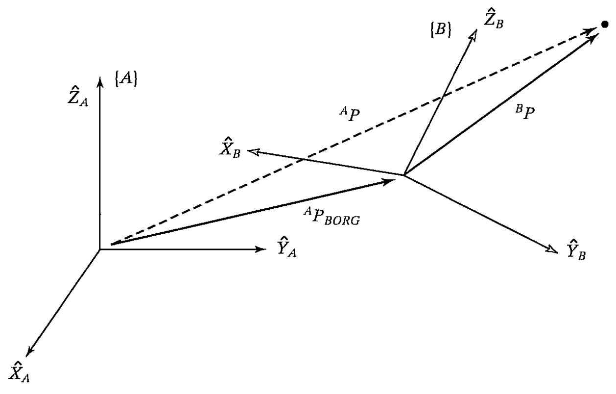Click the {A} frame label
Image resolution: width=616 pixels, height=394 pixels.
tap(126, 80)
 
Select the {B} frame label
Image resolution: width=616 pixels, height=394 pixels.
tap(440, 29)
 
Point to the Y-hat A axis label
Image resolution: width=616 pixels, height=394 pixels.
tap(286, 246)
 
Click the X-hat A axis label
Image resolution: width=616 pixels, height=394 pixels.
tap(19, 371)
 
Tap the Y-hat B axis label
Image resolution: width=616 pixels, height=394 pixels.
tap(576, 250)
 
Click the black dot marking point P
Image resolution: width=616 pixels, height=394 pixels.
tap(605, 25)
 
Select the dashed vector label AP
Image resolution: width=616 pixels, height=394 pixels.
tap(350, 114)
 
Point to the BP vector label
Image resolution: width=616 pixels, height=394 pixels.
tap(525, 113)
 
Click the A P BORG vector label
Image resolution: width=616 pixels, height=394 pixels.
tap(332, 217)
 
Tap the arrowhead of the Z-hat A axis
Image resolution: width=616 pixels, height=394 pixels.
tap(100, 82)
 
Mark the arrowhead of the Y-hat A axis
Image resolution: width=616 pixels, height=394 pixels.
tap(261, 249)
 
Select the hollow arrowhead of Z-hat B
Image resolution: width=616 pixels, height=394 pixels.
tap(474, 34)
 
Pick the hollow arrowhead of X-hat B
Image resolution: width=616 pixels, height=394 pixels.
tap(254, 151)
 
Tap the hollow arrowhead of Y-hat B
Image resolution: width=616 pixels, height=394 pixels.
tap(552, 249)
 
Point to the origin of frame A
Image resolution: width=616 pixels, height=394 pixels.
tap(99, 249)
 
